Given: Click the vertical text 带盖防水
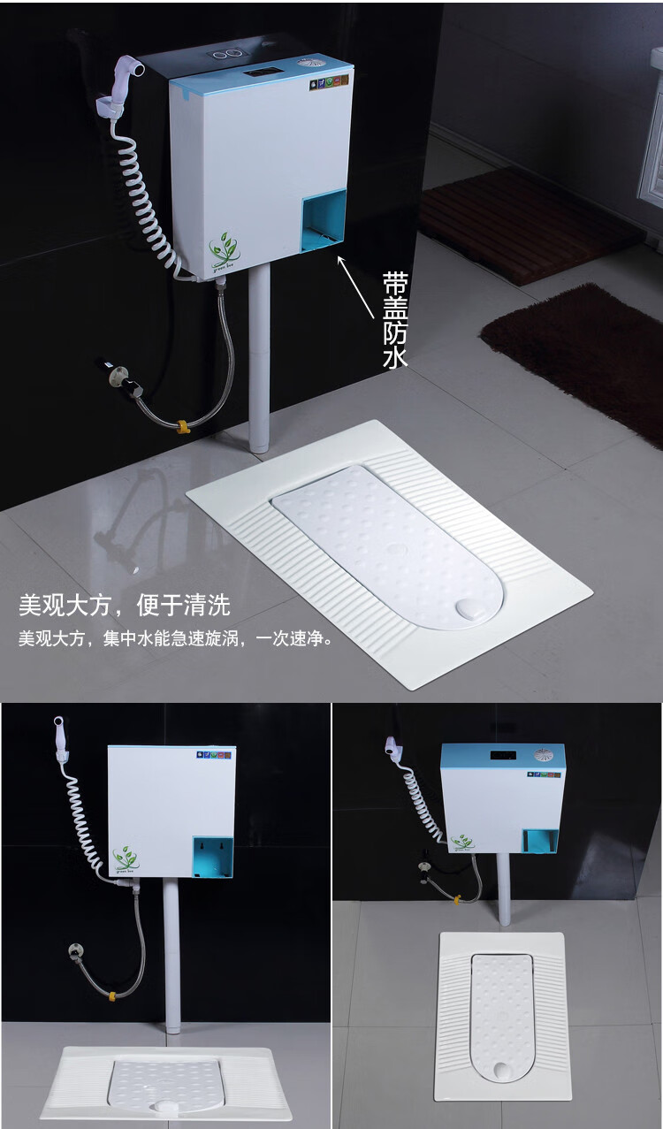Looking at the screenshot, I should click(x=394, y=319).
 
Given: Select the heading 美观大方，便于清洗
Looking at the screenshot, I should click(x=125, y=606).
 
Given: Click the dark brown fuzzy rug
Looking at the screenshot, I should click(x=584, y=355).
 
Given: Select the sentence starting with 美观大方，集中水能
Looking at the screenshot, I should click(x=176, y=638).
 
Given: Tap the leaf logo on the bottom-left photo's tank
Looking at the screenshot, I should click(x=126, y=858).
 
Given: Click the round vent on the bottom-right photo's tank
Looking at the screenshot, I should click(x=544, y=756).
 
